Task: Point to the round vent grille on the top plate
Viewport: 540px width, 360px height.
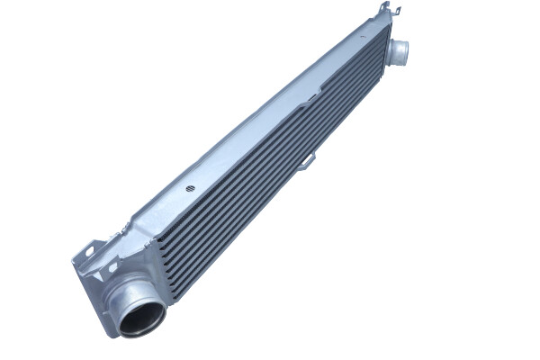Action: tap(191, 189)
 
